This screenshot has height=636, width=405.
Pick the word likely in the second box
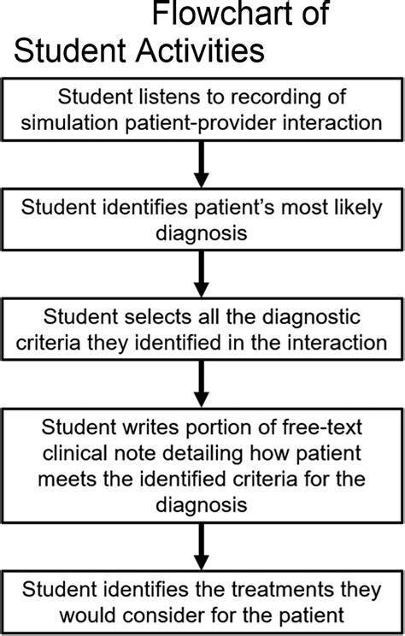[x=358, y=209]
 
